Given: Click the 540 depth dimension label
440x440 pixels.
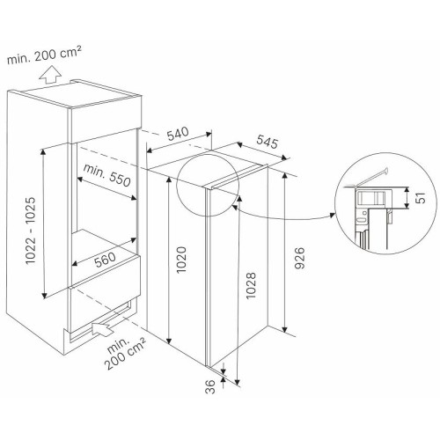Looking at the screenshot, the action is coord(178,133).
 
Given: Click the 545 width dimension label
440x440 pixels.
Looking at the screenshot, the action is coord(267,142).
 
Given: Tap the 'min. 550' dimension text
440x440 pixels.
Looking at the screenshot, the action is coord(106,175).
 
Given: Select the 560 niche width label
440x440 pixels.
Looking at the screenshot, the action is coord(106,260).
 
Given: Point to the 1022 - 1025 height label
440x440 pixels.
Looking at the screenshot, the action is coord(30,231).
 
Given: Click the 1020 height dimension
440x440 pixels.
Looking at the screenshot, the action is coord(181,260).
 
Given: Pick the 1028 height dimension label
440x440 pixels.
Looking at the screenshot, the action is coord(251,285).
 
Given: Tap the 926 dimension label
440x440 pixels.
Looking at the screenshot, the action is coord(300,258).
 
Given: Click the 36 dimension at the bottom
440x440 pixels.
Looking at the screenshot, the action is coord(211,386).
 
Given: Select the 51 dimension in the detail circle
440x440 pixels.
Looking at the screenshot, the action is coord(421,198).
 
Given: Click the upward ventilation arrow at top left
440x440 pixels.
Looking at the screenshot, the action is coord(50,75).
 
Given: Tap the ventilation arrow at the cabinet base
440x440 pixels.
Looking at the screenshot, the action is coord(103,328).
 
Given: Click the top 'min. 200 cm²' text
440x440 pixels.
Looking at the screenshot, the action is coord(44,55).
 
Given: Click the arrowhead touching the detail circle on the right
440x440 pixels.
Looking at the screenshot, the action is coord(333,215).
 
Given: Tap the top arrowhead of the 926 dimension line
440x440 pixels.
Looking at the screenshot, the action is coord(284,175).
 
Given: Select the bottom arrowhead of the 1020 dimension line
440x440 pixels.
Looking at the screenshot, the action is coord(169,341).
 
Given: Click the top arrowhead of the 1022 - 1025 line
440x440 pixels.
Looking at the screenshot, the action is coord(43,151).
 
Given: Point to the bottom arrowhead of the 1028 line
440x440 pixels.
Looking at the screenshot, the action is coord(238,382).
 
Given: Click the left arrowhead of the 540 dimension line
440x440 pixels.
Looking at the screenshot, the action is coord(150,151).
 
